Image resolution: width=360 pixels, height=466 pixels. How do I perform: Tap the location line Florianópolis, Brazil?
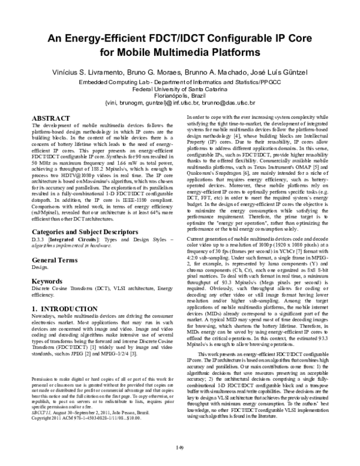point(180,95)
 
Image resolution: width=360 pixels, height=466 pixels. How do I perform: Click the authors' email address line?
point(180,102)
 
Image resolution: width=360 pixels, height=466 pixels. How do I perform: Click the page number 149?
point(180,446)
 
